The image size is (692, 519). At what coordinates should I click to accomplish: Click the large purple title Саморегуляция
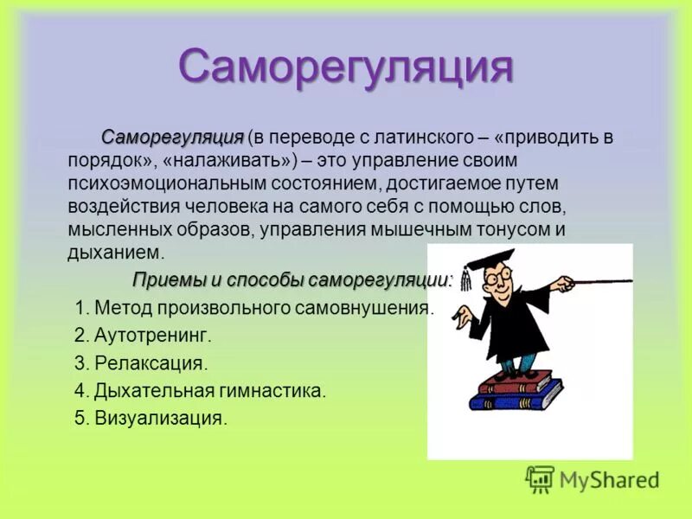pos(346,67)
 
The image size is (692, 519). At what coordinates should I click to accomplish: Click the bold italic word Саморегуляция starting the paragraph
pos(173,138)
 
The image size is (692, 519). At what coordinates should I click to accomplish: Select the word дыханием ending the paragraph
pos(113,253)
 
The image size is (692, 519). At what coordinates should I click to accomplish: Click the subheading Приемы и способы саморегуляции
pos(292,280)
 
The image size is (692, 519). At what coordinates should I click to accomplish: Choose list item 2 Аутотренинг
pos(153,335)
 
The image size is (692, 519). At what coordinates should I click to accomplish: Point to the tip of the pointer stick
pos(630,279)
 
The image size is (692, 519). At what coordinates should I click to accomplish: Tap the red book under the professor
pos(515,381)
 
